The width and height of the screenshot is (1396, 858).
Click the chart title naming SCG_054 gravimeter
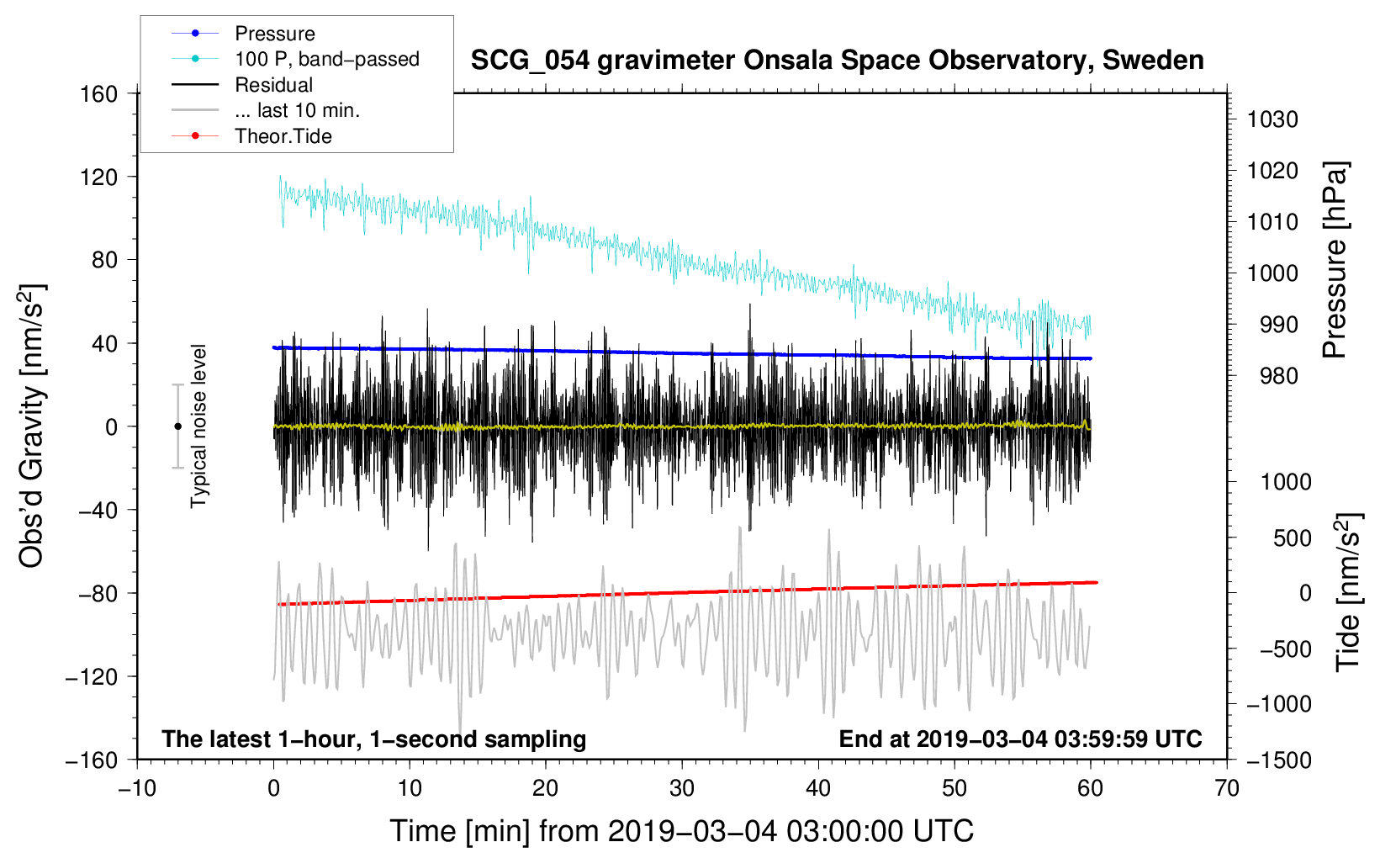(837, 61)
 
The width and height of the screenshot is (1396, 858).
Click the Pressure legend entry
(274, 34)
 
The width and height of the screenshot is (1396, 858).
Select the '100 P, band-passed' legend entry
(326, 59)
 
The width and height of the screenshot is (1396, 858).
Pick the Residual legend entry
(273, 85)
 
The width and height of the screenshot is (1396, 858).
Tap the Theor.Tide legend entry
(283, 136)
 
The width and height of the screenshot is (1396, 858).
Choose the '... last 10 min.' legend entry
(297, 110)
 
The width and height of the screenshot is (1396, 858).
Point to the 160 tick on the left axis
(99, 93)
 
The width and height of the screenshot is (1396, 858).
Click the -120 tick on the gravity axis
(92, 676)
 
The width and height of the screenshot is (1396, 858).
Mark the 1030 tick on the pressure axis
(1272, 119)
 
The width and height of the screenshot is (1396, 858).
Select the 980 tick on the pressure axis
(1278, 376)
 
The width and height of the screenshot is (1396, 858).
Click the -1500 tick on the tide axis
(1279, 760)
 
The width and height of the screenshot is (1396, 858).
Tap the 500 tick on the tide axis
(1292, 538)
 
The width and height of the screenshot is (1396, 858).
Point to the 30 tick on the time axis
(682, 788)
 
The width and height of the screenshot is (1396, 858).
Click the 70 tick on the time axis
(1227, 788)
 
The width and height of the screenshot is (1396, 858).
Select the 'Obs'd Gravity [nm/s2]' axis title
(32, 426)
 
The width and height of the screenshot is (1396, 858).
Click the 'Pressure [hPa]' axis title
(1335, 260)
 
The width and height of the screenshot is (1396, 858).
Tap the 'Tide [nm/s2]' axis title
(1348, 591)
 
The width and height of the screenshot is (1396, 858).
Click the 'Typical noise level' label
(198, 426)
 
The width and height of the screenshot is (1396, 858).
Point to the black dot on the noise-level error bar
(177, 426)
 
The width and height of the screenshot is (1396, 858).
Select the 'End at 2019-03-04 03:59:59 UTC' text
(1020, 739)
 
